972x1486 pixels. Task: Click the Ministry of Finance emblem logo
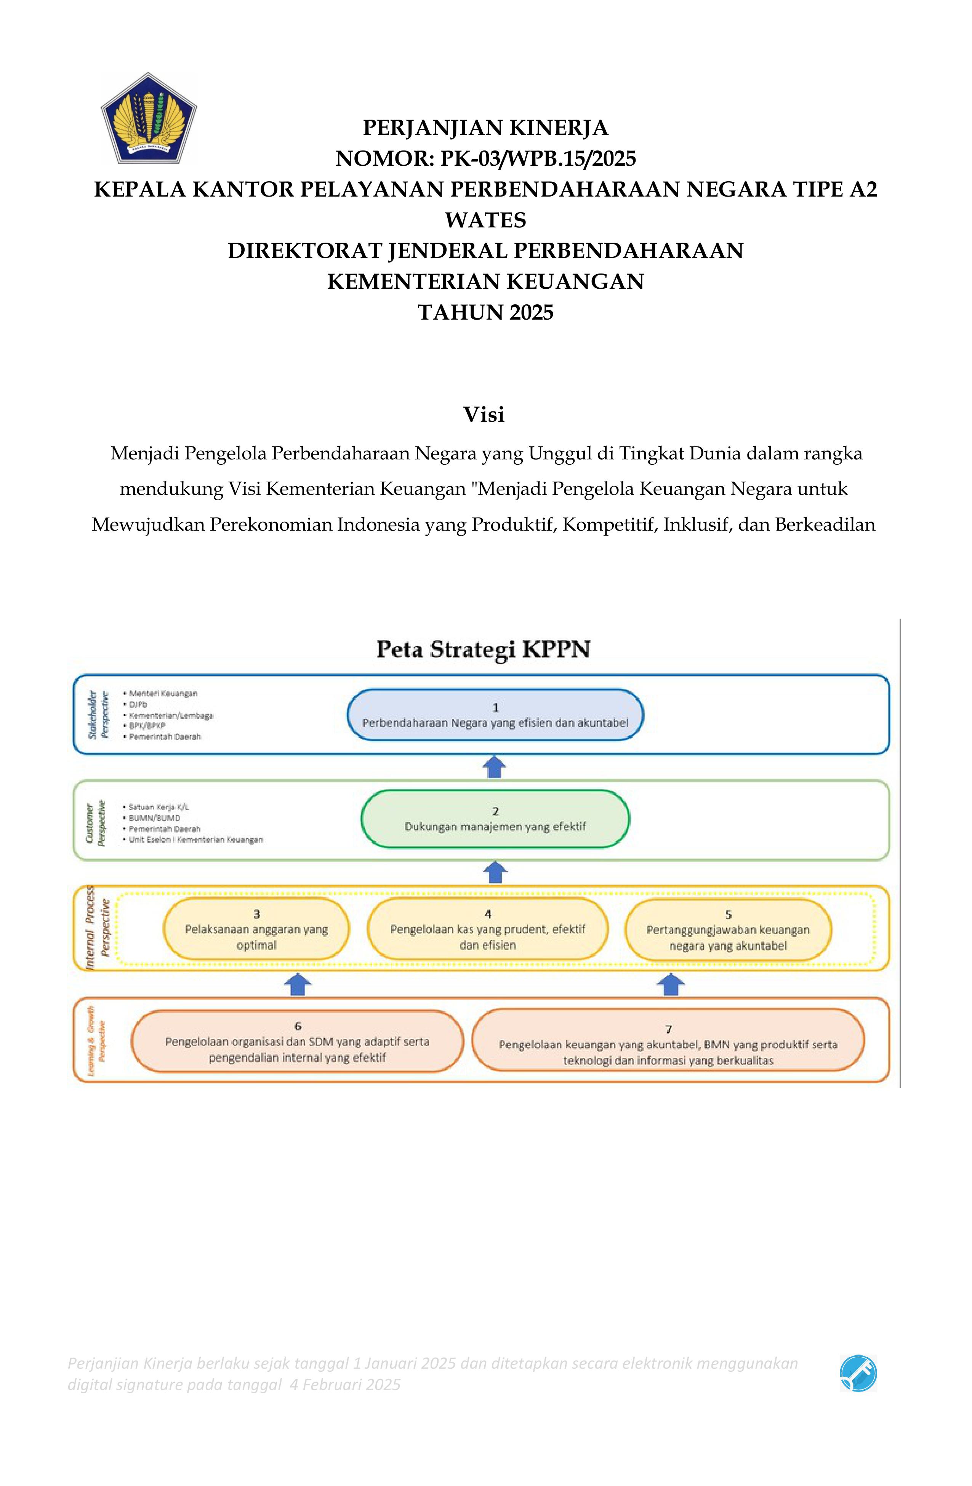[149, 118]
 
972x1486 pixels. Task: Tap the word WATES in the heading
[485, 220]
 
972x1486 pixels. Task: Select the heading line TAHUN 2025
[485, 312]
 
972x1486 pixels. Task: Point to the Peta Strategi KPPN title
[483, 649]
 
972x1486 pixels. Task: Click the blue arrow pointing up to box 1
[495, 767]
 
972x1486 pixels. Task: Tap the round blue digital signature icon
[858, 1373]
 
